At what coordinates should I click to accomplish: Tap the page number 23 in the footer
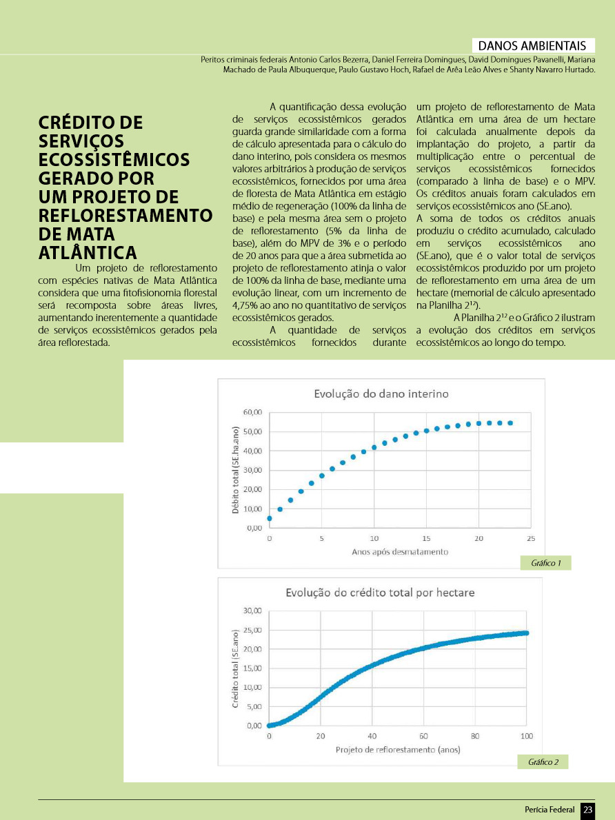(587, 810)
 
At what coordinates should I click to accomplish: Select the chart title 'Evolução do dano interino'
(381, 394)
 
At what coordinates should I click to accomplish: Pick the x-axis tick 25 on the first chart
(531, 538)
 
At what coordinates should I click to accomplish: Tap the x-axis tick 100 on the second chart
(527, 736)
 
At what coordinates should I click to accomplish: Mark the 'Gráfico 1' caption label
(546, 564)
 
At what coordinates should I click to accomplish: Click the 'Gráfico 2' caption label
(543, 762)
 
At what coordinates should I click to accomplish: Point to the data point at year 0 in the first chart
(270, 518)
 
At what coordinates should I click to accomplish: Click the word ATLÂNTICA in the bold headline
(88, 252)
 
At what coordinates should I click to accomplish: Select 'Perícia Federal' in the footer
(550, 810)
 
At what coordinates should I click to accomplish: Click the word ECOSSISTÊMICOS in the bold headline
(114, 160)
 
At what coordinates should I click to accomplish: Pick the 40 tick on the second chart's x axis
(372, 736)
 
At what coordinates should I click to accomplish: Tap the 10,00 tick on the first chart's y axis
(252, 509)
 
